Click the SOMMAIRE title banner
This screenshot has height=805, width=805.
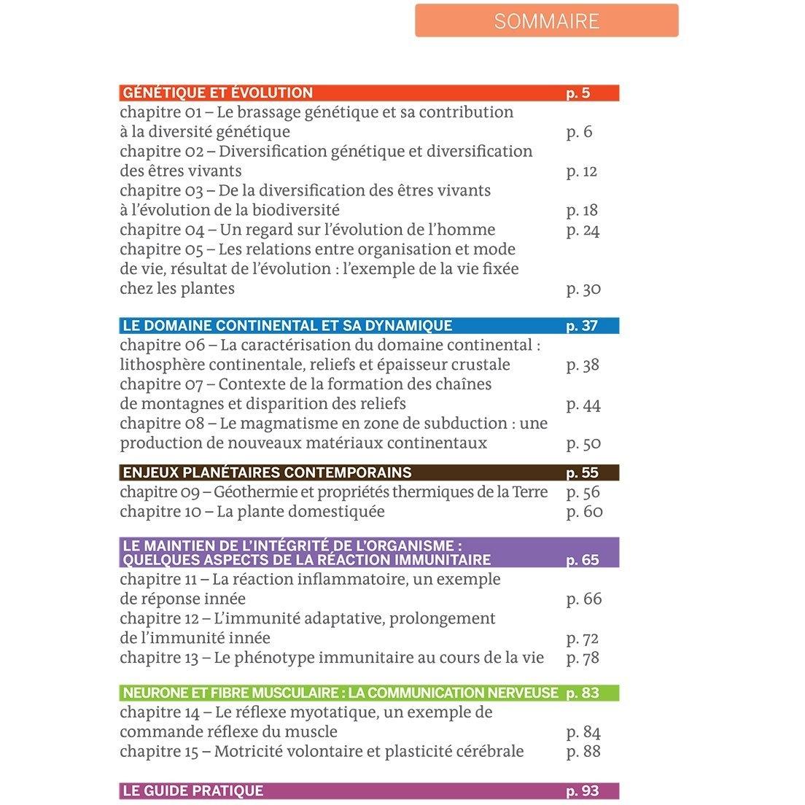click(x=546, y=21)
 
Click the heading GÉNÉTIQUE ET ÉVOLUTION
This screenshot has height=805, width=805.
click(x=217, y=93)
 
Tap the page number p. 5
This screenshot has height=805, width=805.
click(x=577, y=93)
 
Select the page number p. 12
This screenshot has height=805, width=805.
click(x=581, y=171)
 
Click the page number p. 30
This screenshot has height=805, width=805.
click(x=583, y=289)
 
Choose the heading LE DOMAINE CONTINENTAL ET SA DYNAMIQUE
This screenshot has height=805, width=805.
click(x=287, y=326)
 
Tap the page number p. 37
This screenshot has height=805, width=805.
click(x=581, y=326)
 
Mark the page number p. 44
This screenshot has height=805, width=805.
click(x=583, y=405)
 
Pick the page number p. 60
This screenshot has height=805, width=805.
click(x=584, y=512)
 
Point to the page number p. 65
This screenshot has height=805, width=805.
click(x=582, y=560)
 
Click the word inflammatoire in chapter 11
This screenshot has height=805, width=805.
click(x=324, y=580)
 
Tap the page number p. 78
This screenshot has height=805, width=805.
click(x=583, y=658)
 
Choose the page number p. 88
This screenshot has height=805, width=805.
click(x=583, y=751)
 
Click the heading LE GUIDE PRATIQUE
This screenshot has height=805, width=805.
click(x=193, y=791)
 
